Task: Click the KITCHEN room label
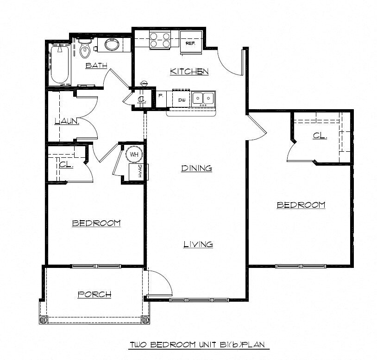189,71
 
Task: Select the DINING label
196,168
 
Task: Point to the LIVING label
198,244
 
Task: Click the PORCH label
94,294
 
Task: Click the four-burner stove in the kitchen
159,40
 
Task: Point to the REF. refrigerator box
190,43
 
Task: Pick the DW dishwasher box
182,99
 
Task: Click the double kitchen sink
203,98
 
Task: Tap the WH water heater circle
134,154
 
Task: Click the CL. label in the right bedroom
320,136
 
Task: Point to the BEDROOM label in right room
301,205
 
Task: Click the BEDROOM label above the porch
96,223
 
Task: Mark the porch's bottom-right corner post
145,319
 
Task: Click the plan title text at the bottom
199,345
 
